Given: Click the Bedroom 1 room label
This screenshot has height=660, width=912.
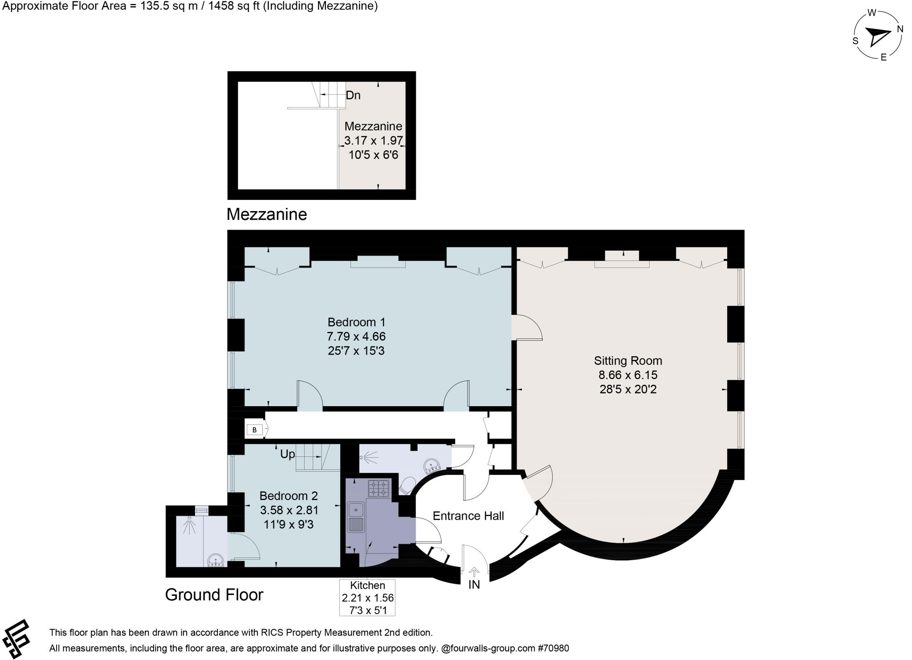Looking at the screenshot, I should pyautogui.click(x=356, y=322).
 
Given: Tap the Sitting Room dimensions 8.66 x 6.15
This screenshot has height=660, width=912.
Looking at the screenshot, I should pyautogui.click(x=628, y=375).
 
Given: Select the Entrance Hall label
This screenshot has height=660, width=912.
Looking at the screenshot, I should pyautogui.click(x=468, y=516).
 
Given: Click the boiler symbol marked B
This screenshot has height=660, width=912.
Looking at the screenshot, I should pyautogui.click(x=255, y=430).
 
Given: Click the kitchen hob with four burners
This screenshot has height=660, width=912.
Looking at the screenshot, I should pyautogui.click(x=379, y=488).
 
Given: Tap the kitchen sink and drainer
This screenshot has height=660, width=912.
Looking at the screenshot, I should pyautogui.click(x=357, y=517).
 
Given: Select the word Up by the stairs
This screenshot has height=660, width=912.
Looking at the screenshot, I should pyautogui.click(x=287, y=454).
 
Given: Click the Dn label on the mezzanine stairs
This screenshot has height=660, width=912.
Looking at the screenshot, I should pyautogui.click(x=353, y=95).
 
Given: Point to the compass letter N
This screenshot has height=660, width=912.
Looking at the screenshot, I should pyautogui.click(x=900, y=29).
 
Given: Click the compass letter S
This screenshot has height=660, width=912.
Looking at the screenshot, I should pyautogui.click(x=855, y=41).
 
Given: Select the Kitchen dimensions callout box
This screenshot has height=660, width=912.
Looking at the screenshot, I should pyautogui.click(x=367, y=598).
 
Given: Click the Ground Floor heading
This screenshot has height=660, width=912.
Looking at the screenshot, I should pyautogui.click(x=214, y=595).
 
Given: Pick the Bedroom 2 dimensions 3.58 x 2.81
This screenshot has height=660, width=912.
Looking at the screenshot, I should pyautogui.click(x=289, y=510).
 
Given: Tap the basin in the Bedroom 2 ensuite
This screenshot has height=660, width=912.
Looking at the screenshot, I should pyautogui.click(x=216, y=560).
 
